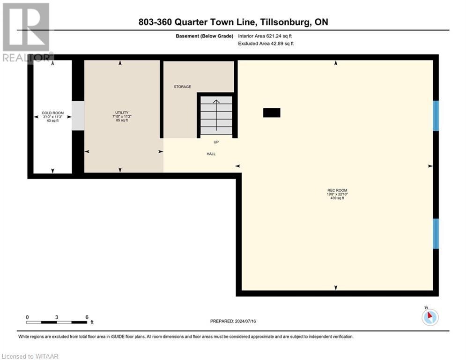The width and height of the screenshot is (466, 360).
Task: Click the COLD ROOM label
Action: [52, 113]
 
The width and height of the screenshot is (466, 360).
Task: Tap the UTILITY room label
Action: [121, 113]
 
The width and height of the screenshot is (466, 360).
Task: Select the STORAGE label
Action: [182, 87]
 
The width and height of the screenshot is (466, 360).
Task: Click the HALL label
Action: [211, 154]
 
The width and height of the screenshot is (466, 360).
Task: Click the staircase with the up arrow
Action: [216, 115]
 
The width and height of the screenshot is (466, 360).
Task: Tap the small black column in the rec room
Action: [272, 112]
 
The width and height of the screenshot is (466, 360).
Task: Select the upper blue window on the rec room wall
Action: [436, 116]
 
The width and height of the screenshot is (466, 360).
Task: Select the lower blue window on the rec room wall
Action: [436, 233]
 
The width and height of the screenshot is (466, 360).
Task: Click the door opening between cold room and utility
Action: [78, 116]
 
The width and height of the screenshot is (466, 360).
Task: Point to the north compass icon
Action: [429, 316]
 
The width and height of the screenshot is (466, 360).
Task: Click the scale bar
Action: [56, 322]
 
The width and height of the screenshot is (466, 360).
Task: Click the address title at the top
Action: [233, 22]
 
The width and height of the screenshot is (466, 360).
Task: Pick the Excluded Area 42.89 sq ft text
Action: [266, 44]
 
